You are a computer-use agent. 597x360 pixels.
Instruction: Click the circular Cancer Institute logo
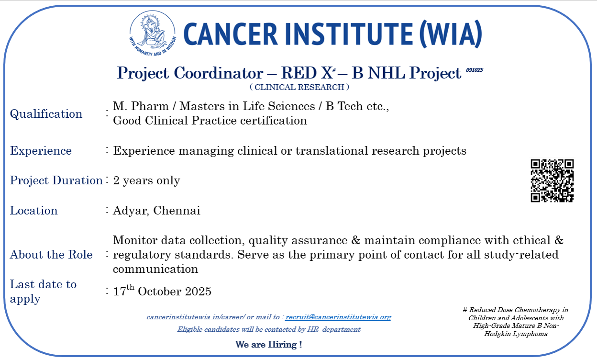pos(153,34)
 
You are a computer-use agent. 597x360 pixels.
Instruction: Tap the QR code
pos(552,180)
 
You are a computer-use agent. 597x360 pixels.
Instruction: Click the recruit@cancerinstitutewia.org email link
pos(338,317)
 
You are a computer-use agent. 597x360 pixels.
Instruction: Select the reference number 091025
pos(475,70)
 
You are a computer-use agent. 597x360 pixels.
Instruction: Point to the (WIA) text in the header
pos(451,34)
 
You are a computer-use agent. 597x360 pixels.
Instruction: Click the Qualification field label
pos(46,114)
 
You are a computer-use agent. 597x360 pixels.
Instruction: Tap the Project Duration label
pos(56,180)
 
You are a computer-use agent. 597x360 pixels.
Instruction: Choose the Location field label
pos(33,211)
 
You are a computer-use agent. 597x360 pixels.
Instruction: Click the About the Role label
pos(51,254)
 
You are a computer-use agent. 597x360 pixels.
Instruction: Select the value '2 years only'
pos(146,180)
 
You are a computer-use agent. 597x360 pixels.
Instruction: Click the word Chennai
pos(177,211)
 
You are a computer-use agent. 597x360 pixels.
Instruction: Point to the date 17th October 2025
pos(162,291)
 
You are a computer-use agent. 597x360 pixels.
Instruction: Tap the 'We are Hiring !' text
pos(268,344)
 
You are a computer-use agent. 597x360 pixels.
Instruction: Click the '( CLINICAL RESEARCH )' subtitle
pos(299,87)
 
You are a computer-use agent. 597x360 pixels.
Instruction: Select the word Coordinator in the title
pos(219,73)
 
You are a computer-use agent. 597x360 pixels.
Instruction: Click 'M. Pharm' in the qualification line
pos(141,106)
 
